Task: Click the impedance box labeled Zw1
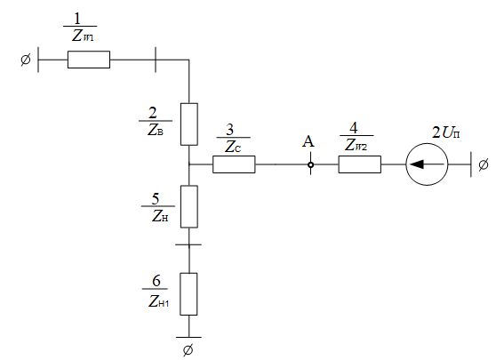coord(89,60)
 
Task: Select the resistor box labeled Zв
coord(189,124)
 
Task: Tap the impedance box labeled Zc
coord(234,164)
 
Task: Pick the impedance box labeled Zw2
coord(360,164)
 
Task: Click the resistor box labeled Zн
coord(189,206)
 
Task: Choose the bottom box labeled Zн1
coord(188,294)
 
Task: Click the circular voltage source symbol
coord(427,164)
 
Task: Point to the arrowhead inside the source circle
coord(416,164)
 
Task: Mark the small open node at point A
coord(310,164)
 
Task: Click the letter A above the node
coord(308,141)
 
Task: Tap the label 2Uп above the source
coord(445,132)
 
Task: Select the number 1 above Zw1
coord(77,19)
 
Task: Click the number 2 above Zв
coord(153,113)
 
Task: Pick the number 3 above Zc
coord(230,130)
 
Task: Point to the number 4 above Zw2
coord(354,128)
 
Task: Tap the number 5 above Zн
coord(156,198)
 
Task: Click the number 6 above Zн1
coord(156,281)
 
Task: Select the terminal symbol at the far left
coord(26,60)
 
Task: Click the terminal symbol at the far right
coord(484,164)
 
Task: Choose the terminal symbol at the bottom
coord(188,350)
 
